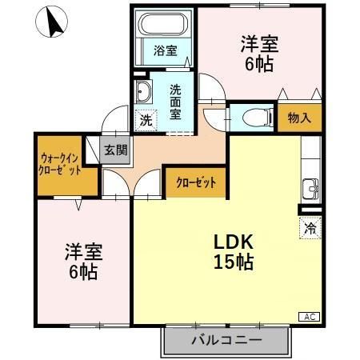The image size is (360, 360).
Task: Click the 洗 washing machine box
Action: [x=146, y=121]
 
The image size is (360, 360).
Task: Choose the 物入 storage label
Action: [x=299, y=118]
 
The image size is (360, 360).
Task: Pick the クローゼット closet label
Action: [x=195, y=182]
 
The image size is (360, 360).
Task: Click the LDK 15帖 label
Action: [x=233, y=251]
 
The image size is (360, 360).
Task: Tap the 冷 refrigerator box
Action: [x=310, y=228]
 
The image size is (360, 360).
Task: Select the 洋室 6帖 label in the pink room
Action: [x=81, y=262]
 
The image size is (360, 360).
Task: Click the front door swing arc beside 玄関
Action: [x=114, y=122]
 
